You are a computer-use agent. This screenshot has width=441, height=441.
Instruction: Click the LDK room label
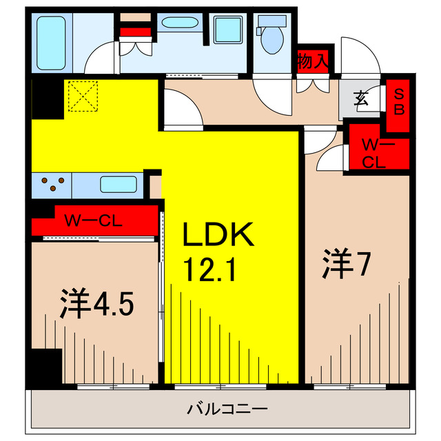[218, 236]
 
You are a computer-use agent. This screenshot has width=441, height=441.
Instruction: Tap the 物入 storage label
[312, 61]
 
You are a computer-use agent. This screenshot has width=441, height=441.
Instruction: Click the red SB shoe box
[399, 101]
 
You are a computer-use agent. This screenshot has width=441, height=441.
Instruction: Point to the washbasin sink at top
[179, 23]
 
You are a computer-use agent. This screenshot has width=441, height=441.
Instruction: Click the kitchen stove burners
[52, 184]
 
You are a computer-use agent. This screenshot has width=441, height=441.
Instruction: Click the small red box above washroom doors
[134, 30]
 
